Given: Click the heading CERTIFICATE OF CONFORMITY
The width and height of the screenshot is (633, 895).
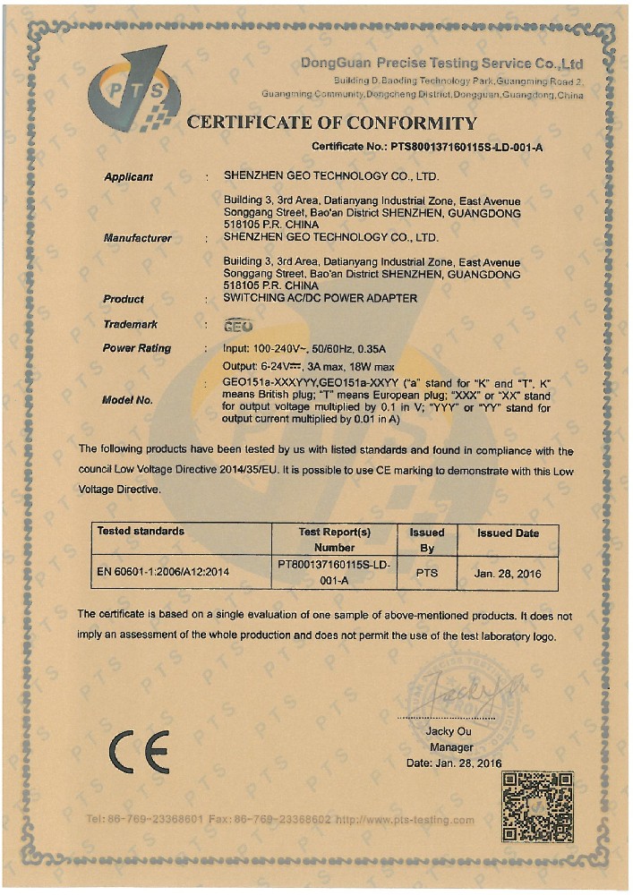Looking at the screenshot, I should (332, 124).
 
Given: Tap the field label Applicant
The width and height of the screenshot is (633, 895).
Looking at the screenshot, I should (128, 177).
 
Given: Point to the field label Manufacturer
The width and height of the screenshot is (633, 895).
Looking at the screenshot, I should (137, 238).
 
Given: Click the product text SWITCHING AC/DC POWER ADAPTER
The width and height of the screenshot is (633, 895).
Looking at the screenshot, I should (320, 298).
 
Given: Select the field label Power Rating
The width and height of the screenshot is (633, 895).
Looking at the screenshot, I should (137, 348).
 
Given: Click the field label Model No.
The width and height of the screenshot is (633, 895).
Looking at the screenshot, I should (128, 400).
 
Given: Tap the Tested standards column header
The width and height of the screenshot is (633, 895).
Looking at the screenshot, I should (141, 531).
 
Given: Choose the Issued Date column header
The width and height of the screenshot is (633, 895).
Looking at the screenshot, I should (508, 533).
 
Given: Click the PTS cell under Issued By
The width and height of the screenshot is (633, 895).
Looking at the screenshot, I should (427, 572).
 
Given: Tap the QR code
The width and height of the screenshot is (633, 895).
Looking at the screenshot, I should (537, 806).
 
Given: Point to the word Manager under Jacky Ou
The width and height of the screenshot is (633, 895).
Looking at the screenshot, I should (451, 747).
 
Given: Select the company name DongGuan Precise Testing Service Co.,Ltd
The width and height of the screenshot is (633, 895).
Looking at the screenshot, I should (442, 64).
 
